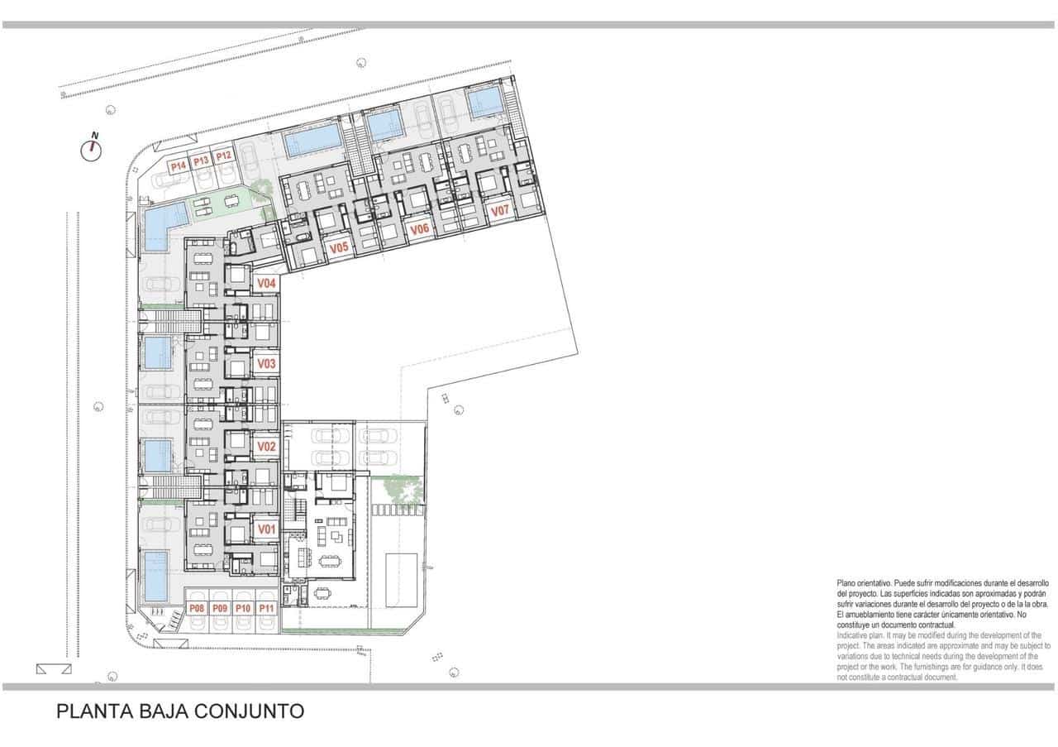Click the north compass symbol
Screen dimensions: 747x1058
coord(92,150)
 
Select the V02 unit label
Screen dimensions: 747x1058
coord(265,447)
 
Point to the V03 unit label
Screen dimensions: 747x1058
coord(265,364)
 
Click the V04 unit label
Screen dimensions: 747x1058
coord(265,283)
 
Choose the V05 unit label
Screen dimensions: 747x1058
coord(338,247)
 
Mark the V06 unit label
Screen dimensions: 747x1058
coord(419,229)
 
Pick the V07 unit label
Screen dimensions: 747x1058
coord(500,211)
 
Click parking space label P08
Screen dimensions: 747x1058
coord(197,609)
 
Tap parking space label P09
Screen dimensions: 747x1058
coord(220,609)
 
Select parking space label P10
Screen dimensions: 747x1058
coord(243,609)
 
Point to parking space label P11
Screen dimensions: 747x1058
coord(266,609)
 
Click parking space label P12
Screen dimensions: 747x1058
coord(223,156)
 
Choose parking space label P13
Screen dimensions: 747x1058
coord(201,161)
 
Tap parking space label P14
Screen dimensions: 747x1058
coord(178,166)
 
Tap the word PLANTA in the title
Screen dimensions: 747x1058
coord(88,711)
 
